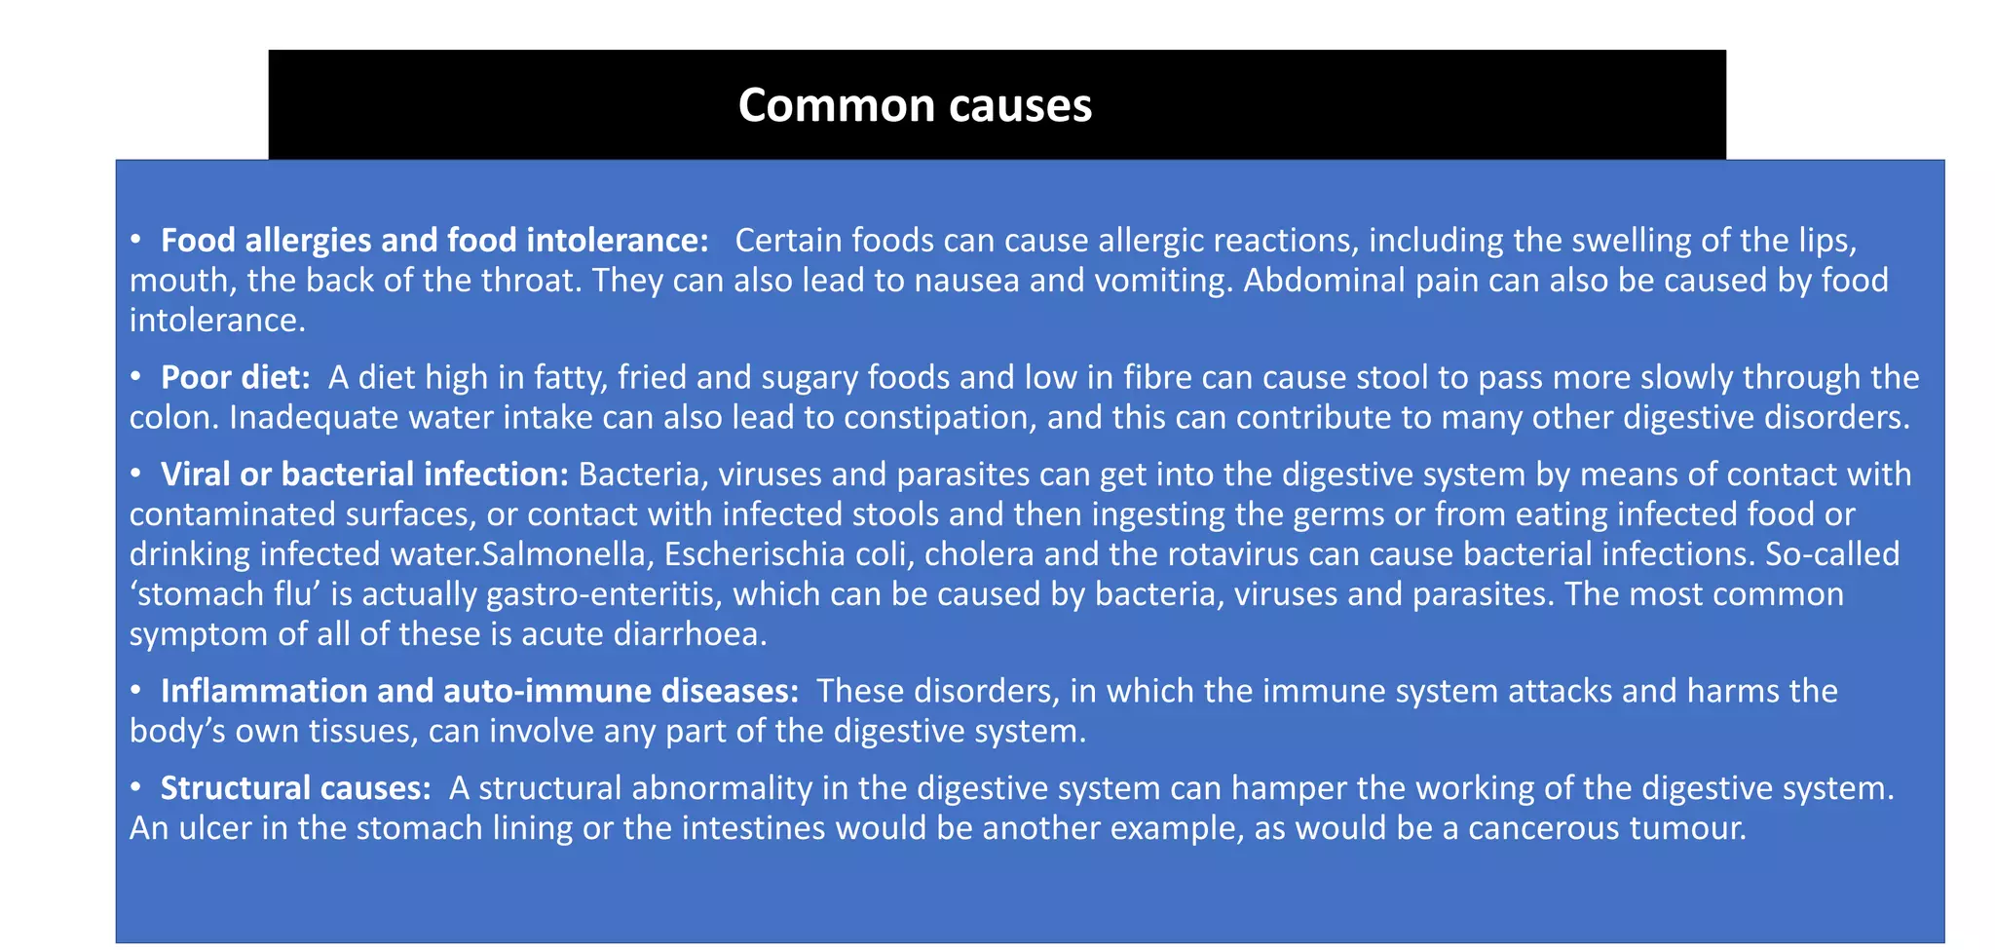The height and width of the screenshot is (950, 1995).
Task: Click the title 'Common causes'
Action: (x=915, y=105)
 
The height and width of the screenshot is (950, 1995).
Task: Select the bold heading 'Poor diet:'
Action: (x=235, y=377)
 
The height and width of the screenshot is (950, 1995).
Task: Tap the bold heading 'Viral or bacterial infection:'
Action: (x=364, y=475)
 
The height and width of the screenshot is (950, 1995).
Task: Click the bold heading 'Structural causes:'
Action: (x=295, y=788)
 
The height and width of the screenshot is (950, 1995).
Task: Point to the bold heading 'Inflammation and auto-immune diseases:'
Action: (x=479, y=691)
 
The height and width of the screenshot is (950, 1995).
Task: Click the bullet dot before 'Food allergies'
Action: (x=137, y=239)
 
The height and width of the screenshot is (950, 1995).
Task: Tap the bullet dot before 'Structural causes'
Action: (x=137, y=787)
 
